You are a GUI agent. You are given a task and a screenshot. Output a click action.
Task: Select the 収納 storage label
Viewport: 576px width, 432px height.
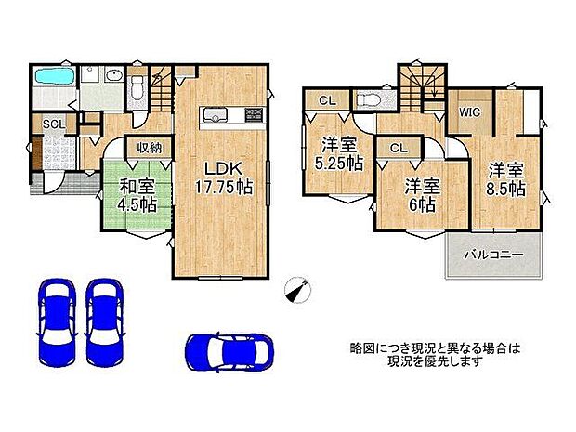coord(150,147)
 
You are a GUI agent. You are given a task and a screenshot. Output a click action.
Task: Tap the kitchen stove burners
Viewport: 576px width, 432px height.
coord(254,115)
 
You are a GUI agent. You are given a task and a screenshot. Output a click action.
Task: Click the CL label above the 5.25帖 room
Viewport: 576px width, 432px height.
coord(328,101)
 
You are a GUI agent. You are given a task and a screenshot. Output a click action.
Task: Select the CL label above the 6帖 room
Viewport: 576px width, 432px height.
coord(397,147)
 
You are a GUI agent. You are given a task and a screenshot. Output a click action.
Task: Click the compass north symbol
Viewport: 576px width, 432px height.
coord(296,290)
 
